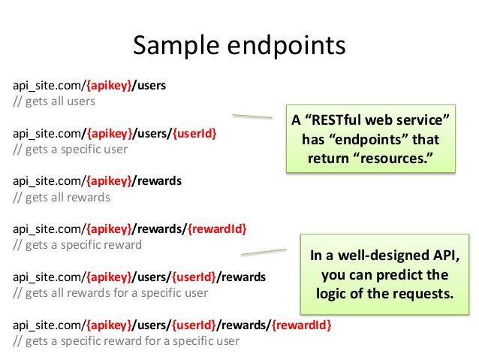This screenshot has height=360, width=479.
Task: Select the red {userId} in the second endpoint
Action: point(194,133)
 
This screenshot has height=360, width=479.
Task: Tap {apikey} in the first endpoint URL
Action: point(110,85)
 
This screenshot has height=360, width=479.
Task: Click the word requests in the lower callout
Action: point(426,294)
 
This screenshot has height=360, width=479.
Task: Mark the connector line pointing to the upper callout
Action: point(252,116)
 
